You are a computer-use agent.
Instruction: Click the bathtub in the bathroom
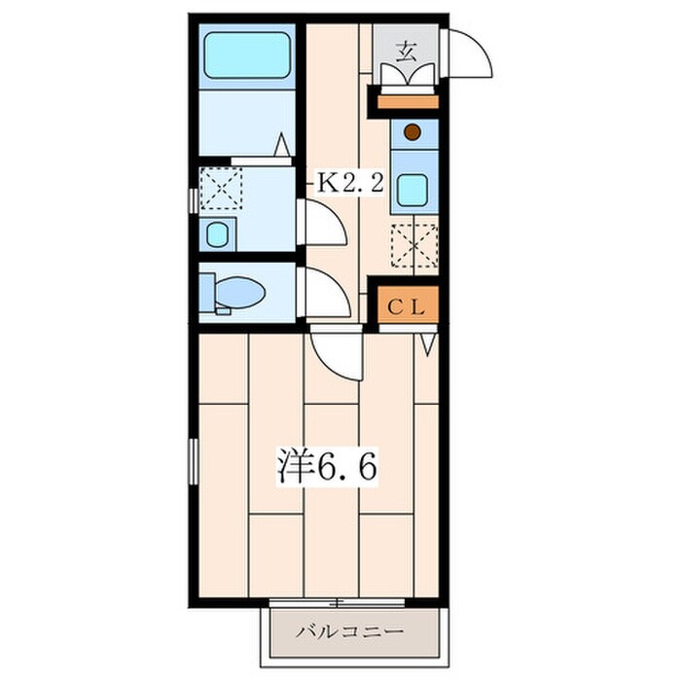click(247, 55)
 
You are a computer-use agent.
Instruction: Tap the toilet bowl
click(239, 292)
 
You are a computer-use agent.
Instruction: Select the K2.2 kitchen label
click(351, 183)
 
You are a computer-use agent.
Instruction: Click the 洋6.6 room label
click(327, 466)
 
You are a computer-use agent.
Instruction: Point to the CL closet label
click(406, 308)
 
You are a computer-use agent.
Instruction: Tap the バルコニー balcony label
click(349, 630)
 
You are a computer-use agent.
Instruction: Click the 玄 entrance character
click(406, 53)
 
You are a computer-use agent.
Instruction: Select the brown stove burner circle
click(412, 132)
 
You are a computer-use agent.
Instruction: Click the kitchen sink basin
click(412, 190)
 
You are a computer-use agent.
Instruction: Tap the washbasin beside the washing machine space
click(217, 234)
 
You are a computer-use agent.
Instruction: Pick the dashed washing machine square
click(221, 188)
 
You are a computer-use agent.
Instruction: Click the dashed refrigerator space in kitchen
click(413, 245)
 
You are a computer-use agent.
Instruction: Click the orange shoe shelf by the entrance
click(408, 101)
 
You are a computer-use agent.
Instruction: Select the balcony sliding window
click(337, 603)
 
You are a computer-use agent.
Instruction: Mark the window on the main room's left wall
click(193, 461)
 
